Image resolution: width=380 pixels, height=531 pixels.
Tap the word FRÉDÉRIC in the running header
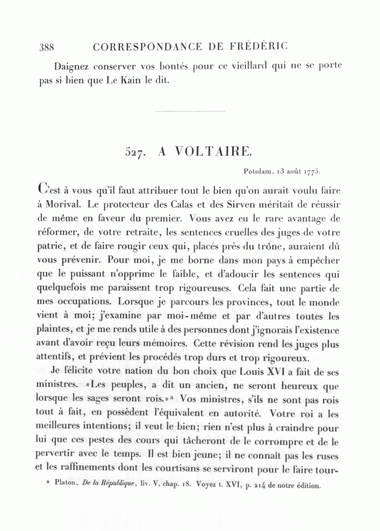click(260, 47)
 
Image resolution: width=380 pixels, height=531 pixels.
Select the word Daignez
click(72, 67)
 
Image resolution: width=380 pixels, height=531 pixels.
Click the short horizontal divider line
click(190, 112)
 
